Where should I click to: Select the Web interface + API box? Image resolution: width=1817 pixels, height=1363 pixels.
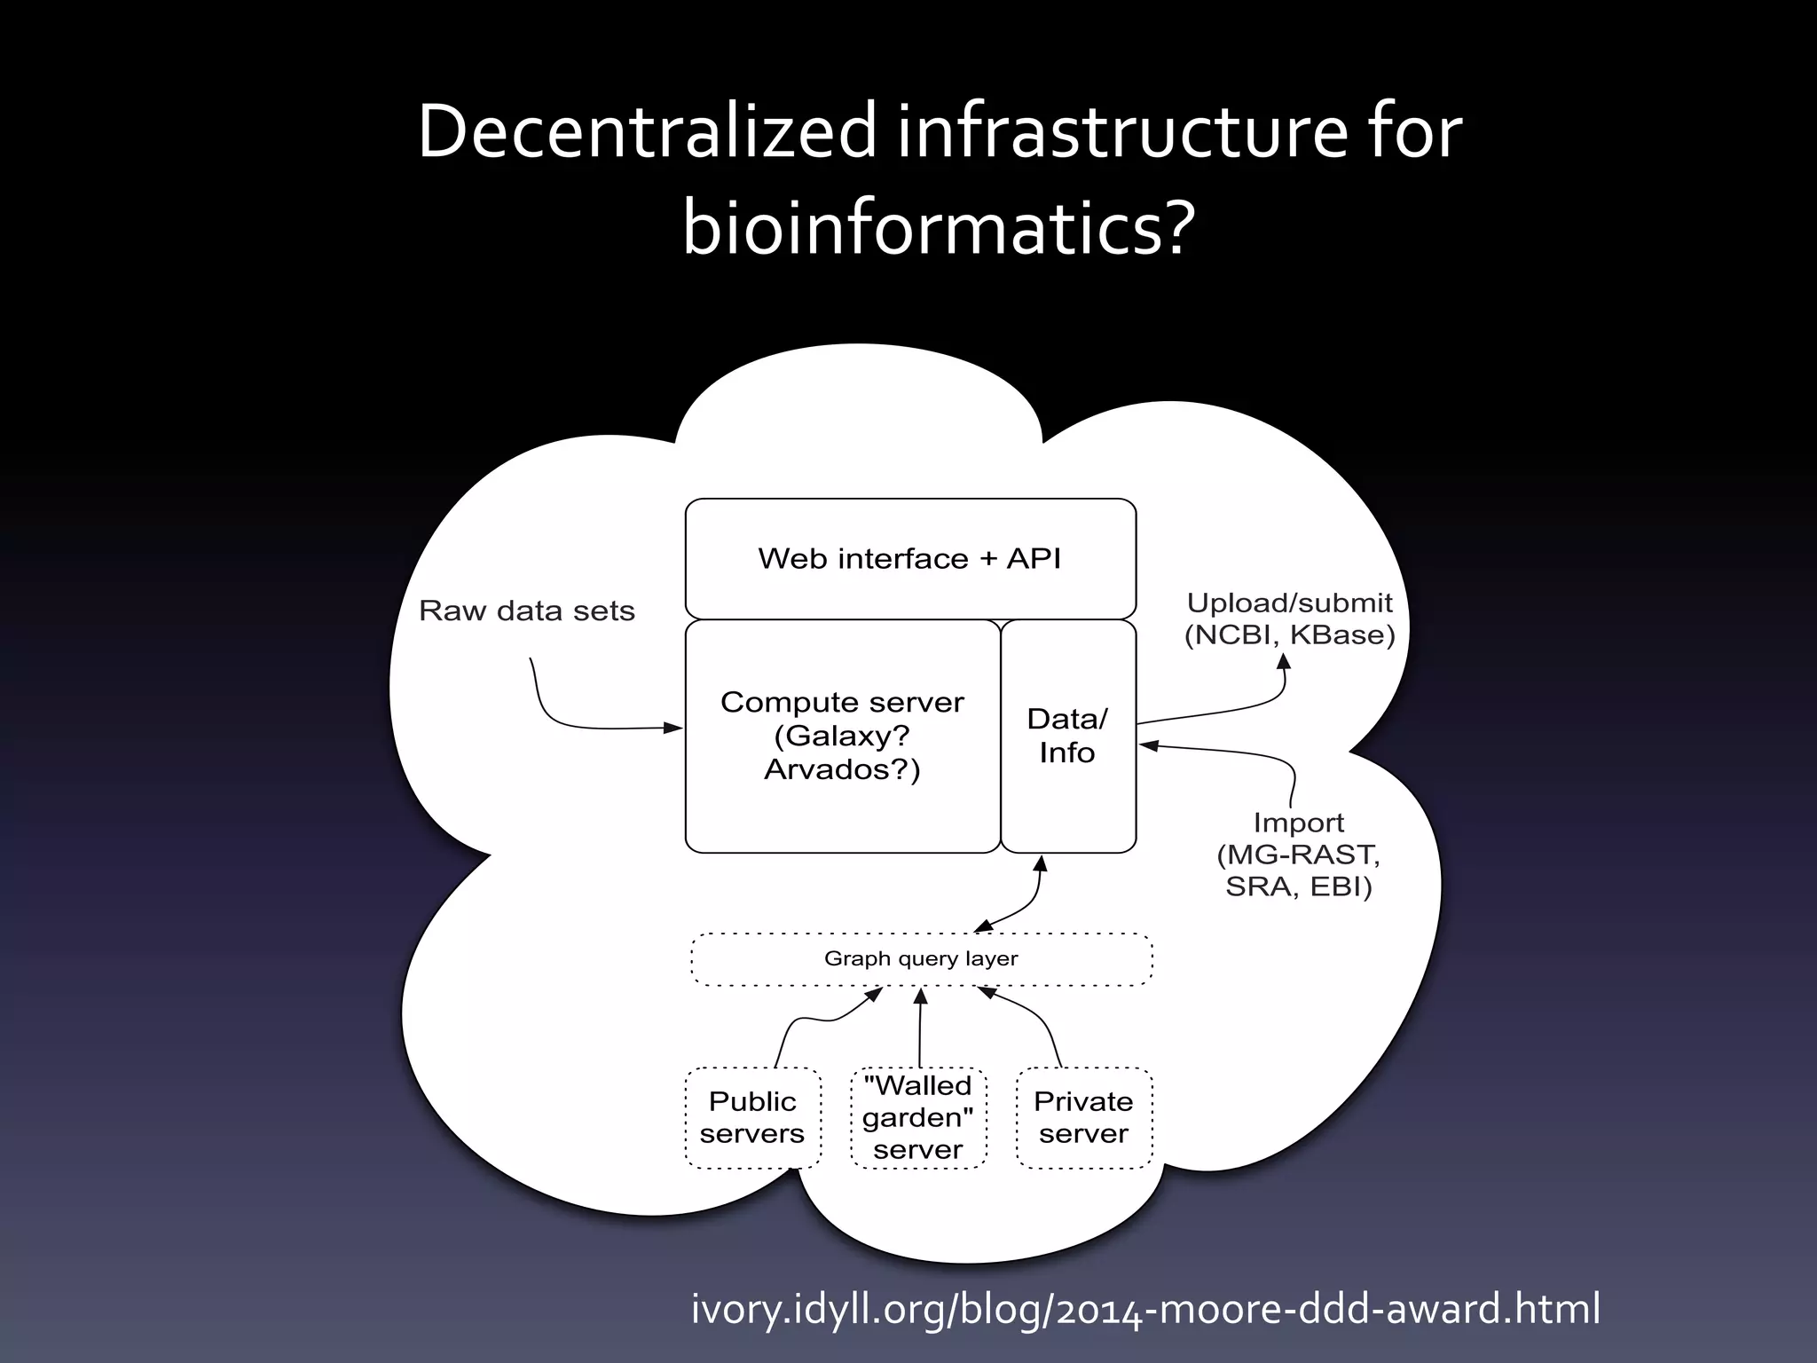910,558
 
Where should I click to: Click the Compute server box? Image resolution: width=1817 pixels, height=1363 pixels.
842,736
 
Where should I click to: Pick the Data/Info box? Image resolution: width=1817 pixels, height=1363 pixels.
1067,736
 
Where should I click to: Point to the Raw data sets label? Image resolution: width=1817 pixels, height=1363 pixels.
527,611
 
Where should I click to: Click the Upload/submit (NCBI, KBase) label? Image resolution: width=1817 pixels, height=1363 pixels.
1289,618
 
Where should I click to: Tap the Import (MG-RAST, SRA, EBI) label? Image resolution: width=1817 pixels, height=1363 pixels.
1298,855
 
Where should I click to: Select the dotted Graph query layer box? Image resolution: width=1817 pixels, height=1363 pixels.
921,959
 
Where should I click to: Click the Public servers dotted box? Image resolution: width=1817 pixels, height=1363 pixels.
752,1117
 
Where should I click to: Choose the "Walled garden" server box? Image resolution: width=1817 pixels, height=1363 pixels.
918,1117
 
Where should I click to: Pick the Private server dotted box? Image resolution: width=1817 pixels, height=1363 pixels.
1083,1117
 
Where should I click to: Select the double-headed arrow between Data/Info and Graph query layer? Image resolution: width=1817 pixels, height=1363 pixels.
1029,905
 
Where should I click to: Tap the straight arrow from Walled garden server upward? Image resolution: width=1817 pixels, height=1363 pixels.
920,1029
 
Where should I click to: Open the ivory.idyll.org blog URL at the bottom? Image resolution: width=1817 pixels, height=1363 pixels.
1145,1309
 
